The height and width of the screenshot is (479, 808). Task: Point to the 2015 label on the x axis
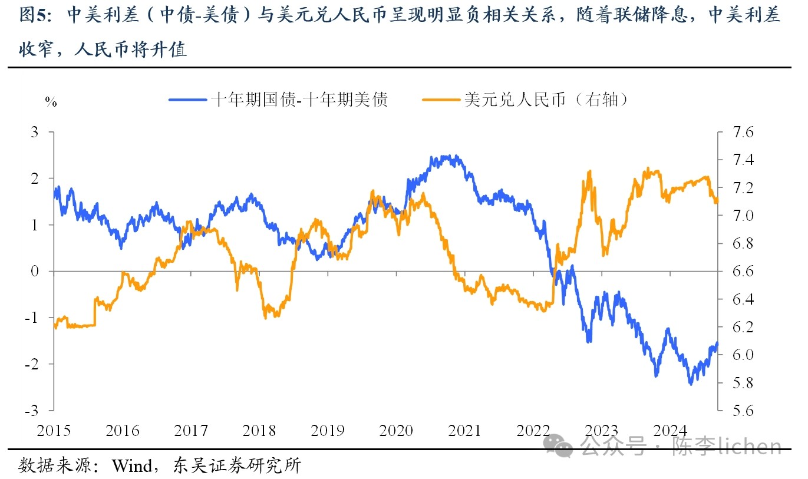(x=54, y=431)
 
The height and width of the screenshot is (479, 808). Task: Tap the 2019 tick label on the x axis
(x=328, y=431)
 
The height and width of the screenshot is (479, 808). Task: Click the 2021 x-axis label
(x=466, y=431)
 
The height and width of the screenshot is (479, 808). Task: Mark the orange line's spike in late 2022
(x=590, y=171)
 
